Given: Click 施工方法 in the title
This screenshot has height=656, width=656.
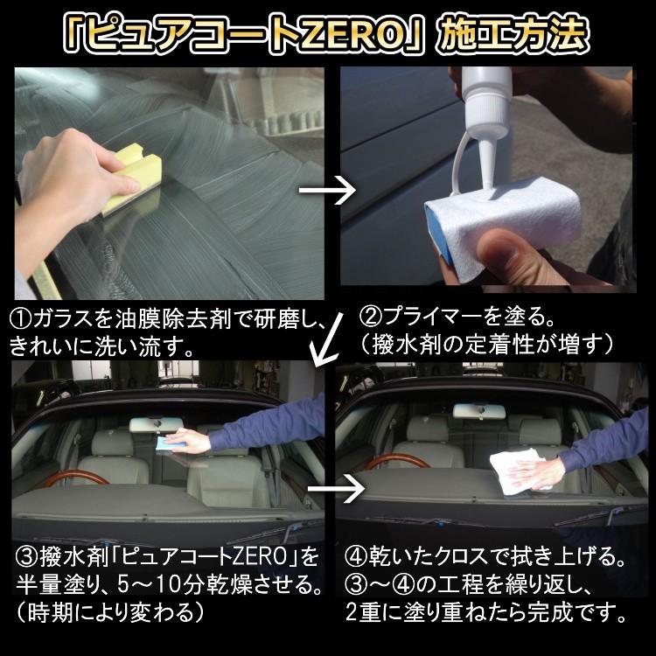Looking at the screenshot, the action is coord(512,34).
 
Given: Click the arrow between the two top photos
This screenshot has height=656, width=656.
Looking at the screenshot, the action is coord(327,191).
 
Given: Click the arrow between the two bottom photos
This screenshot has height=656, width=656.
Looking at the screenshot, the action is coord(336,488).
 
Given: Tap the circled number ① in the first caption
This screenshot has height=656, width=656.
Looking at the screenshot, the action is coord(20,320).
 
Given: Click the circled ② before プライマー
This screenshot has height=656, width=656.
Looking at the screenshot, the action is coord(371,318).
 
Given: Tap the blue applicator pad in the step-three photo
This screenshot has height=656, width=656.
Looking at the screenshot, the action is coord(166,443).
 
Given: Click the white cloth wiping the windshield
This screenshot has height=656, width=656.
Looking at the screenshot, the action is coord(517,470).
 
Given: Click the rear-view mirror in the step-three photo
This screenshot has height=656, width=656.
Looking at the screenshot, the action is coord(157,424).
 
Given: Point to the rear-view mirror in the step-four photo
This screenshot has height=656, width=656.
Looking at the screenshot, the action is coord(479,412).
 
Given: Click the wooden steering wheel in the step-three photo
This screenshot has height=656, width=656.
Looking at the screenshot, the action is coord(75,478).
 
